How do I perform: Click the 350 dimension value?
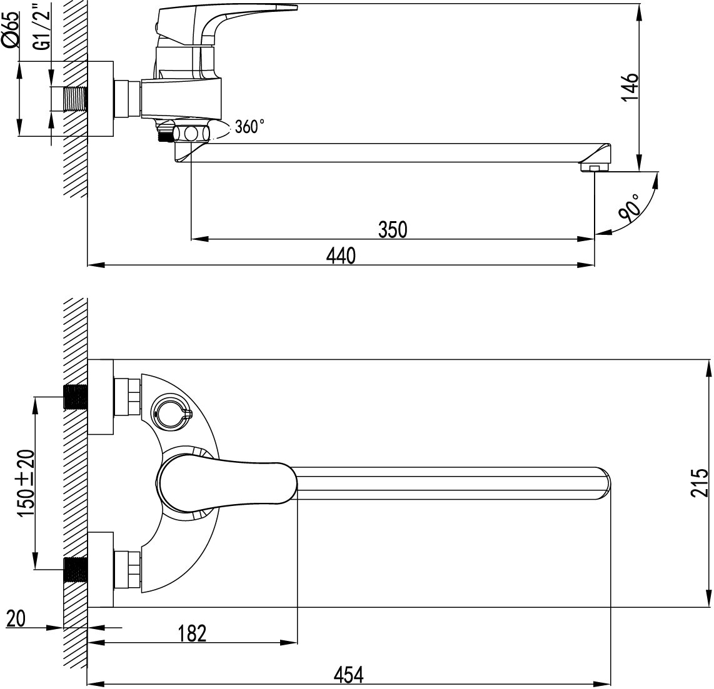tap(393, 229)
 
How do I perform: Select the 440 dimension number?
tap(341, 255)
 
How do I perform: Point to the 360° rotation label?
tap(249, 127)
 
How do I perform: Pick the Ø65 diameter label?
tap(11, 29)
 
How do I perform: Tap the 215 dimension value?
tap(700, 482)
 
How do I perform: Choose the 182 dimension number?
tap(192, 633)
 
